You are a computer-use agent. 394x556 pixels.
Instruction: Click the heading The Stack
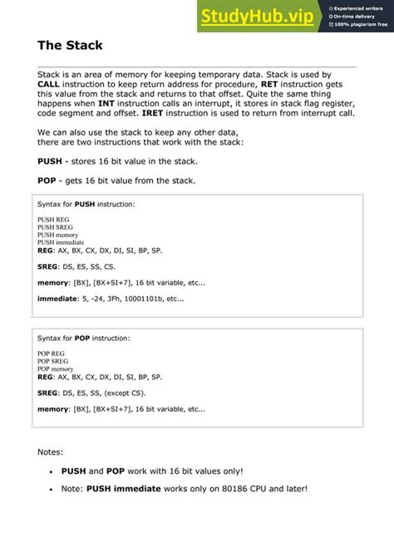(70, 45)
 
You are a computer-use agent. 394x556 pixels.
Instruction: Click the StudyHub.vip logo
(259, 15)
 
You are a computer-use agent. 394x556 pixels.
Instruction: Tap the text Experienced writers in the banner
(362, 7)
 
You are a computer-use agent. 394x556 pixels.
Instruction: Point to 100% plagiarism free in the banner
(362, 25)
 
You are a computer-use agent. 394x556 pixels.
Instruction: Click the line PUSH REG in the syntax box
(54, 219)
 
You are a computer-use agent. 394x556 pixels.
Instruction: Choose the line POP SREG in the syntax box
(55, 360)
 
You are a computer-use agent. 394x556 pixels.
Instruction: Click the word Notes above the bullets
(51, 452)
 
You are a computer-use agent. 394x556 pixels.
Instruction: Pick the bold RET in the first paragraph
(269, 85)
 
